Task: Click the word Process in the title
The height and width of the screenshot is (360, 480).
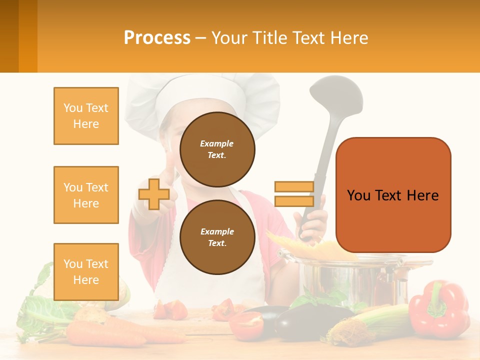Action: tap(157, 38)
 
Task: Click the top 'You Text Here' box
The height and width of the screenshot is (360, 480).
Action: tap(86, 116)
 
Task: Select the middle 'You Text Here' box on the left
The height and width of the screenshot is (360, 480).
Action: tap(86, 195)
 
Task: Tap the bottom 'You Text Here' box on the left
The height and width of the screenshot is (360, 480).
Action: tap(86, 272)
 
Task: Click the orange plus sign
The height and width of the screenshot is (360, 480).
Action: tap(154, 194)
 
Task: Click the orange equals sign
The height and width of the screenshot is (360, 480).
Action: tap(294, 194)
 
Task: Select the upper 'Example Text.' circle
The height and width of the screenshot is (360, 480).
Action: tap(217, 149)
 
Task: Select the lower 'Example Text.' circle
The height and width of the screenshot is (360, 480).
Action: tap(217, 237)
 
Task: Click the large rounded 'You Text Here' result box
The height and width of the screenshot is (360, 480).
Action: tap(393, 195)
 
